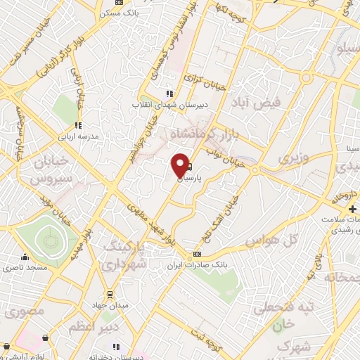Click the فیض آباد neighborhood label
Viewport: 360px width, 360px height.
[x=262, y=103]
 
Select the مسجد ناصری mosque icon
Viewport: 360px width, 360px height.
[x=25, y=257]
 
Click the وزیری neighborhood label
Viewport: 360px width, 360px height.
[x=294, y=158]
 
